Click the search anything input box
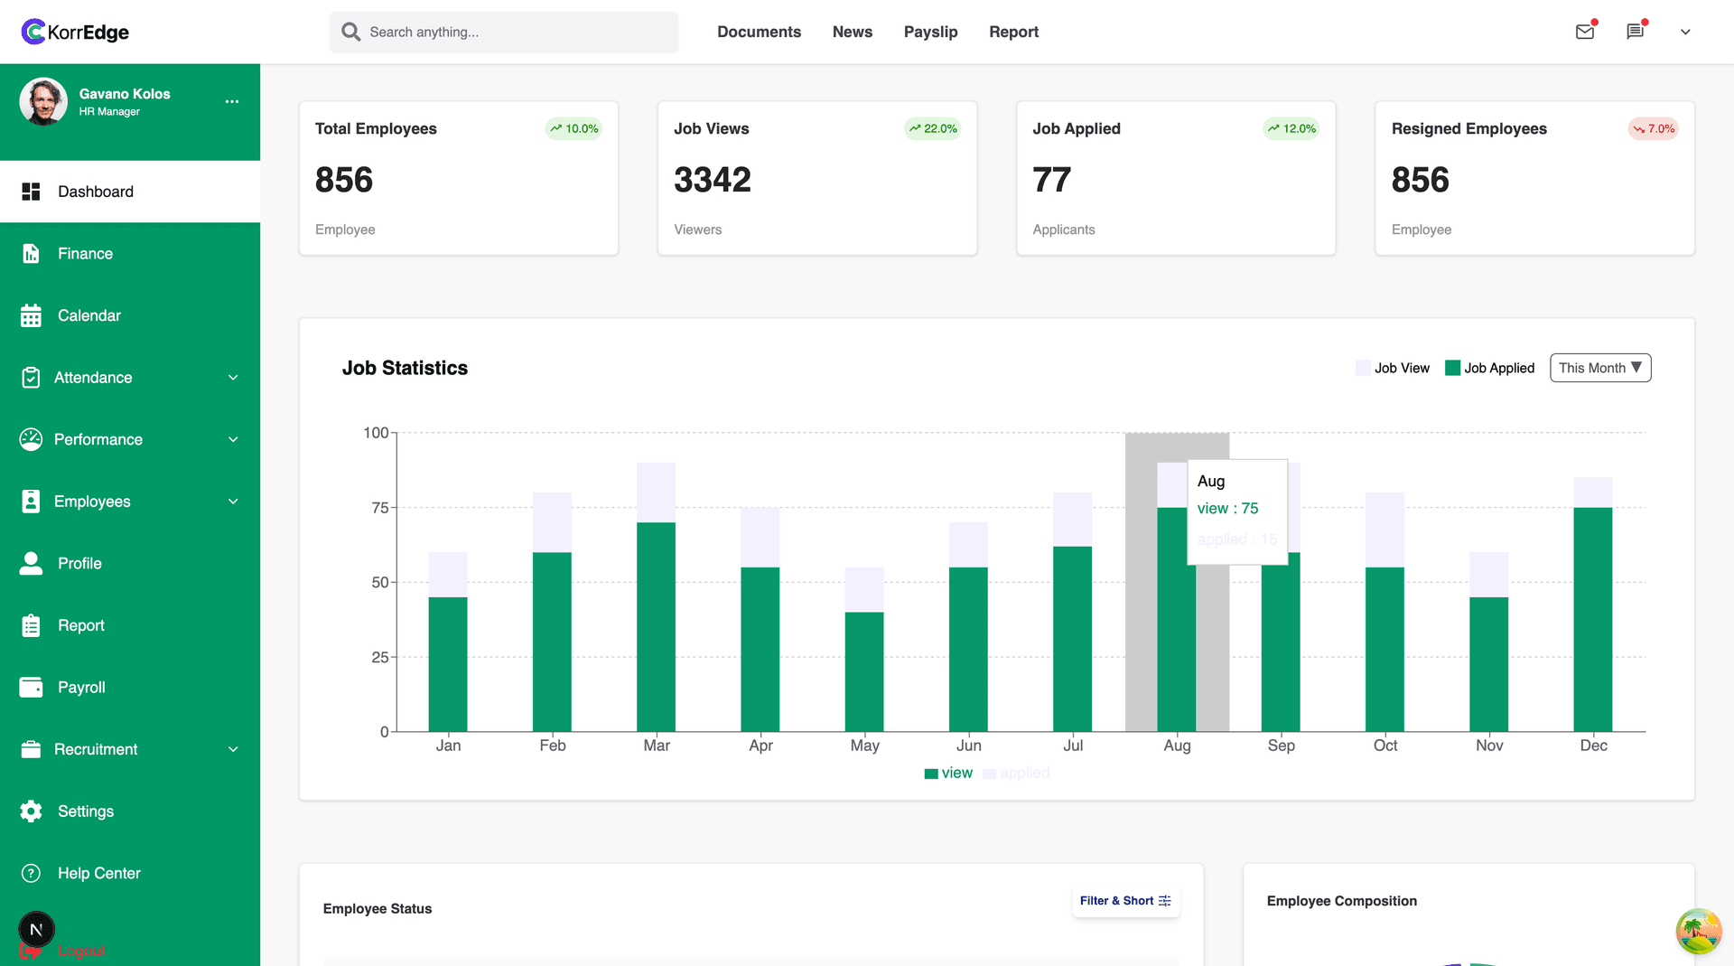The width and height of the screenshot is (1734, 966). tap(503, 32)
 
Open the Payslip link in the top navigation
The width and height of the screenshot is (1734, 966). tap(930, 32)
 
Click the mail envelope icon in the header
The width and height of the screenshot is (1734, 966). tap(1584, 32)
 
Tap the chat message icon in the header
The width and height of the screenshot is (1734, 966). tap(1635, 32)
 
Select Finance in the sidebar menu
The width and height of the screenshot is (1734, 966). tap(85, 254)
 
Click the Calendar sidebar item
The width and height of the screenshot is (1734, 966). tap(89, 315)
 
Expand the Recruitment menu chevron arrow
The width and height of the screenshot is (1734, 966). tap(233, 749)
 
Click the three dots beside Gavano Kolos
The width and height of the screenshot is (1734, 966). tap(232, 101)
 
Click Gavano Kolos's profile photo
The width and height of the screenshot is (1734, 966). tap(43, 101)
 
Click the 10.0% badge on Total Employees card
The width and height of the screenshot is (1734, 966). tap(574, 128)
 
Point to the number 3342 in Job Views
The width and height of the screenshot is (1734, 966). tap(712, 180)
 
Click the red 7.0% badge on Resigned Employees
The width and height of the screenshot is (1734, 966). tap(1654, 128)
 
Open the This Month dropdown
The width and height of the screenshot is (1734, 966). tap(1599, 368)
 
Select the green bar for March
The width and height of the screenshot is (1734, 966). tap(656, 626)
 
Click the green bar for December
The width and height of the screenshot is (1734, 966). tap(1592, 619)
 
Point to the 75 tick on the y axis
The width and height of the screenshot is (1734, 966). tap(380, 508)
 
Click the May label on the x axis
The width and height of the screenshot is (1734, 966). tap(864, 746)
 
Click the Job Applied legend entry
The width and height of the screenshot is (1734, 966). tap(1490, 368)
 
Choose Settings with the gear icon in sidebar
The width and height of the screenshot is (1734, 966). tap(85, 811)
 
